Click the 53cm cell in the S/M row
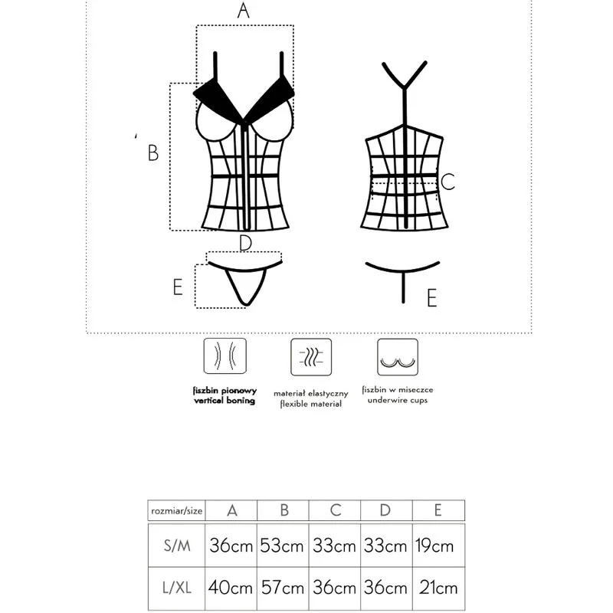[282, 546]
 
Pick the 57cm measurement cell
[282, 588]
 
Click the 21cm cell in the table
[438, 588]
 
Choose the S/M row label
[176, 546]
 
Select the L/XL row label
[176, 588]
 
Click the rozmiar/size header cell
[176, 510]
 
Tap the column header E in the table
[438, 510]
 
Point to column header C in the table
[334, 510]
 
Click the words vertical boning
[224, 401]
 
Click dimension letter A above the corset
[244, 11]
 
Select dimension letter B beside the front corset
[153, 153]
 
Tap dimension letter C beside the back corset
[449, 182]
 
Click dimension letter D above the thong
[245, 244]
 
